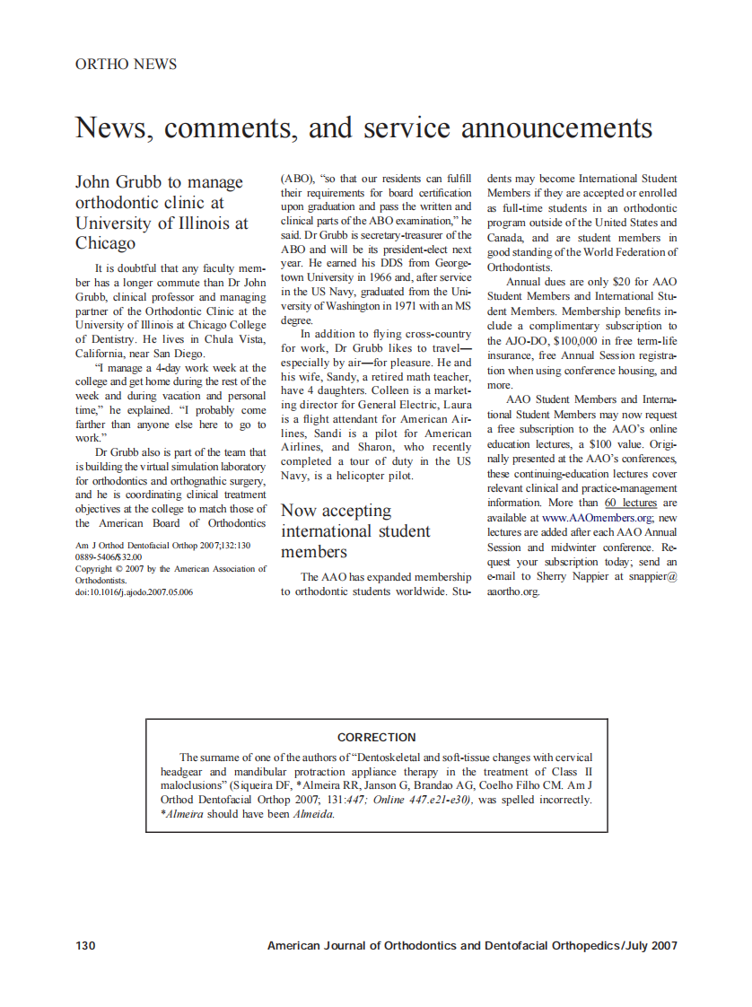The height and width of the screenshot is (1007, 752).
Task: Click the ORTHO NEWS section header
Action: tap(126, 65)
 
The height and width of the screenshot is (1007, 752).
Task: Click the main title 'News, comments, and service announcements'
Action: tap(363, 128)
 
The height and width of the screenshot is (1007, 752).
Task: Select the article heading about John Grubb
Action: tap(162, 213)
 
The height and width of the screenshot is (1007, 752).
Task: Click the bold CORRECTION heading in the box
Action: tap(376, 738)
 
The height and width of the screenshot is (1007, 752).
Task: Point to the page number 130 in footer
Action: tap(85, 946)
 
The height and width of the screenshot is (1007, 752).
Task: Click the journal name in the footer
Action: tap(472, 946)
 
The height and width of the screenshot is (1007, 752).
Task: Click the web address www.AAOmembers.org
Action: tap(596, 518)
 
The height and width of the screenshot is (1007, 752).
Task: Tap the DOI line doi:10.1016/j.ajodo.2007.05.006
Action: tap(134, 592)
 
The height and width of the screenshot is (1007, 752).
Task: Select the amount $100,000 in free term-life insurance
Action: tap(552, 341)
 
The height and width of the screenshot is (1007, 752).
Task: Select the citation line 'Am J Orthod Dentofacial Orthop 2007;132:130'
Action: tap(162, 546)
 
